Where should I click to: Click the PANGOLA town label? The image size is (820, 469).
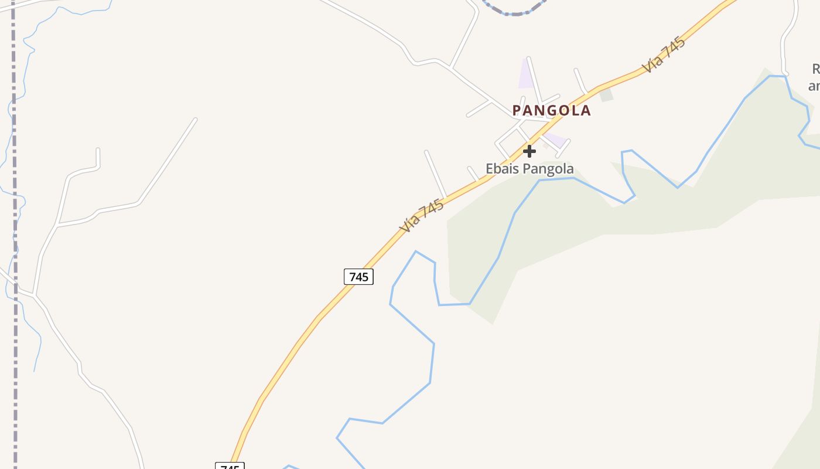[551, 110]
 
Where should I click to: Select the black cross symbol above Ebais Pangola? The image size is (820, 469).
[529, 151]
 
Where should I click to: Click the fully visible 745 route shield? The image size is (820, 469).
[358, 277]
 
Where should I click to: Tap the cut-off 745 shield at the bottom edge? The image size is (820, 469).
[230, 467]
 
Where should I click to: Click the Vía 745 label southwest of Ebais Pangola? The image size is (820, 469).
[421, 216]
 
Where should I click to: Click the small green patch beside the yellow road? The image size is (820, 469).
[606, 94]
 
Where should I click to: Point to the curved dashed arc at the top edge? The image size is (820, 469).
[514, 11]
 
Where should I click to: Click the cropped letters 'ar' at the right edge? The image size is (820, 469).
[814, 86]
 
